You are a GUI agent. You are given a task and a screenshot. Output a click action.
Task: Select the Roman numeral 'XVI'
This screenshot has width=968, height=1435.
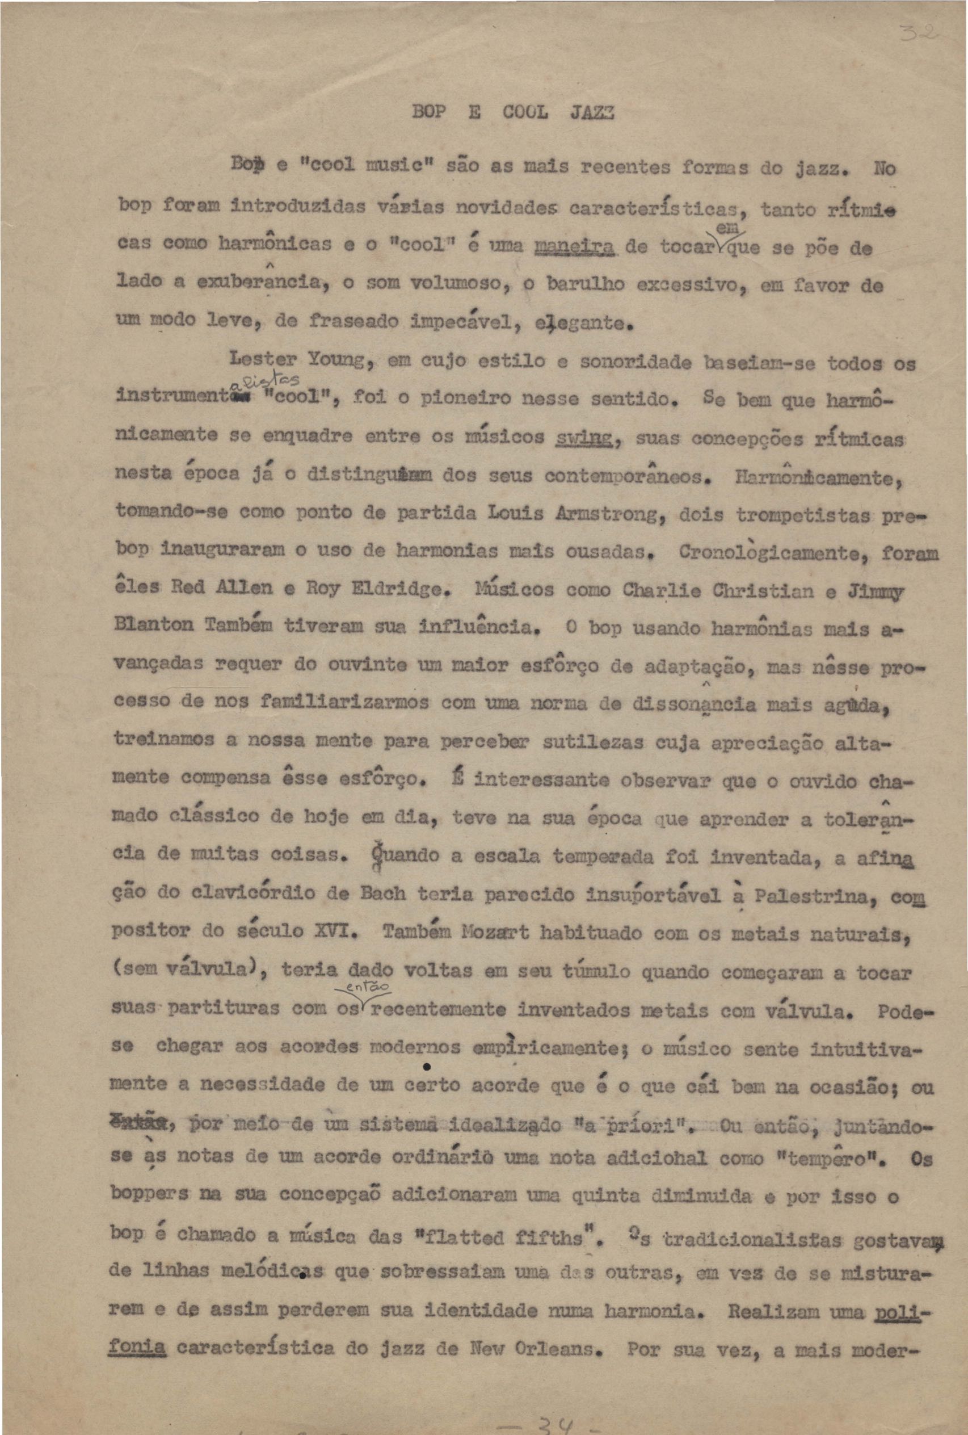tap(342, 933)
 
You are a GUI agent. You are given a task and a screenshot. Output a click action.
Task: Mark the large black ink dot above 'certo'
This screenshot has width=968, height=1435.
tap(427, 1067)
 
